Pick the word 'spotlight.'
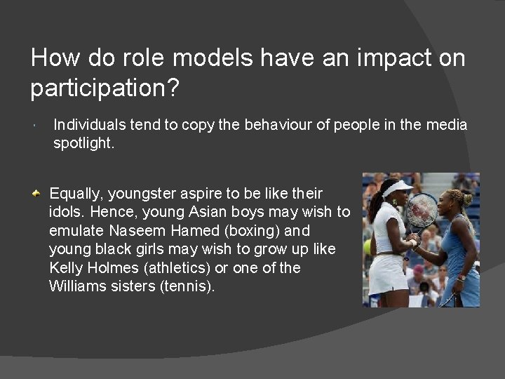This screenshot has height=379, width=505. point(82,143)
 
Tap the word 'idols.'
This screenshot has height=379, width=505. point(68,211)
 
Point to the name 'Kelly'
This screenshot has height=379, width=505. point(66,267)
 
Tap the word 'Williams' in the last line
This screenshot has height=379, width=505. point(77,286)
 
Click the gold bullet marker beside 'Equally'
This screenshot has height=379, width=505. point(42,192)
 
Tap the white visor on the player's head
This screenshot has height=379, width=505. point(397,188)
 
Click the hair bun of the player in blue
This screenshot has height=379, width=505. point(467,197)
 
